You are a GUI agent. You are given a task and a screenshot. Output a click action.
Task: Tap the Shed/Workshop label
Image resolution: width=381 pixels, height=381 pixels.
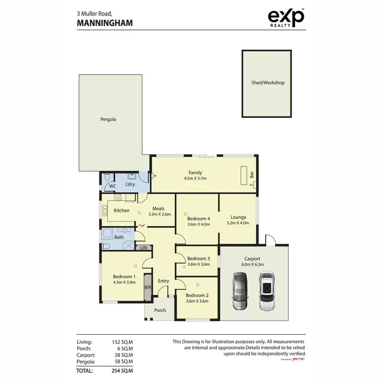268,83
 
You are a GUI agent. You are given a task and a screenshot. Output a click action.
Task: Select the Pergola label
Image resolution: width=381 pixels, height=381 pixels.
108,120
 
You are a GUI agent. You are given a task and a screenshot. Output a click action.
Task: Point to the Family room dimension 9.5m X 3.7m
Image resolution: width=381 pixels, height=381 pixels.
195,178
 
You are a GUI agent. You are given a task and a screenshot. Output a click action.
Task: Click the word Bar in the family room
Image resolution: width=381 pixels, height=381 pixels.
251,175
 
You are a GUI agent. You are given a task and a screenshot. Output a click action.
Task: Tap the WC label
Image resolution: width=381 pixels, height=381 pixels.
113,187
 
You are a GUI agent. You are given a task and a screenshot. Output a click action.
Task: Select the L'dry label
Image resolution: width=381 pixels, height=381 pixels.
130,184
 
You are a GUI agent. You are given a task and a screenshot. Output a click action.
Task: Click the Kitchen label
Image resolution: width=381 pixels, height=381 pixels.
121,210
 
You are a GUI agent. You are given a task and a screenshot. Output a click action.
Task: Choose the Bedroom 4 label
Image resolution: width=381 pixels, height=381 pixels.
199,218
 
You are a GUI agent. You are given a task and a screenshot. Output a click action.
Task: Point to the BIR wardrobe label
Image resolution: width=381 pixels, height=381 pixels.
148,288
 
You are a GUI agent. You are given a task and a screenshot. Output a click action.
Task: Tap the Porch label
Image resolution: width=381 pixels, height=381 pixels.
160,310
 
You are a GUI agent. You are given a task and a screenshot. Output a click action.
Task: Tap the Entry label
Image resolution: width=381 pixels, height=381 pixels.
163,281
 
